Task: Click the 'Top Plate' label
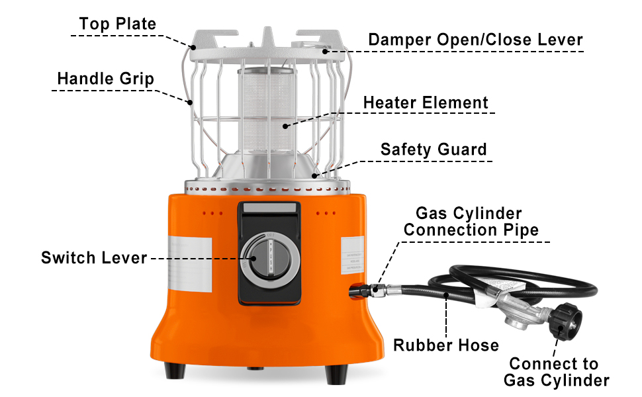[117, 24]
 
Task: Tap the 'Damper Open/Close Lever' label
[475, 39]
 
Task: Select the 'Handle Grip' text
[105, 79]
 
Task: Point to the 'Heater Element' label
[426, 103]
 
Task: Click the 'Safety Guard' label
[433, 149]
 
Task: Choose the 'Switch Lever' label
[93, 257]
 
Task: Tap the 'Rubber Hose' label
[446, 345]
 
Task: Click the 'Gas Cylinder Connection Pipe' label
[471, 222]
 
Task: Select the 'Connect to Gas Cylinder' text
[556, 372]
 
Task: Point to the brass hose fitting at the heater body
[379, 288]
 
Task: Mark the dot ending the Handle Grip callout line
[189, 103]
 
